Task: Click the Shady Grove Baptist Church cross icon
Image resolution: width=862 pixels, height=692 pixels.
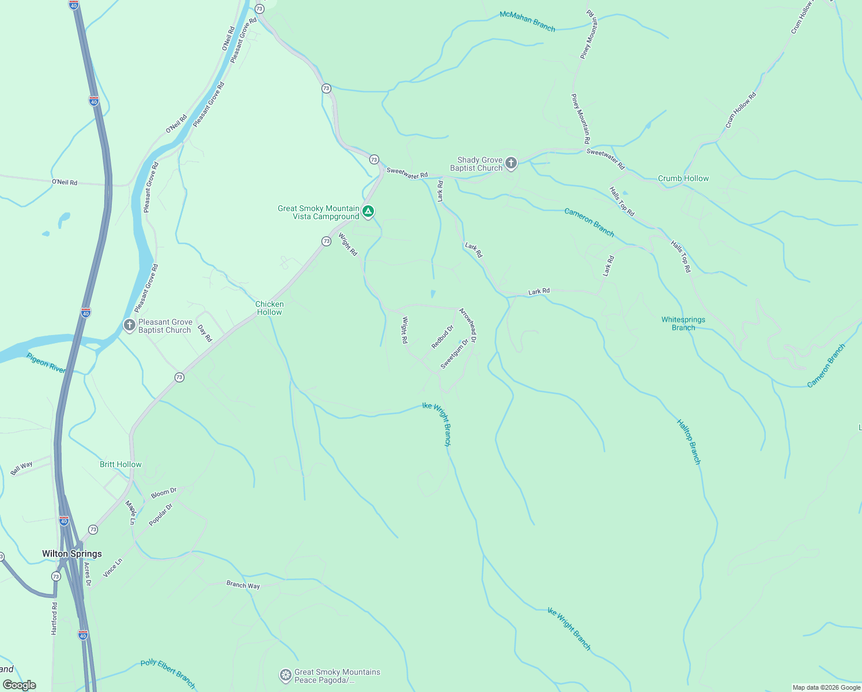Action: point(511,164)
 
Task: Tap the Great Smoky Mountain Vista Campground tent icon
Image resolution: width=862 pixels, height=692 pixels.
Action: point(368,212)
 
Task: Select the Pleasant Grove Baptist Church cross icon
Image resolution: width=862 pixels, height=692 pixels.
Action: point(130,326)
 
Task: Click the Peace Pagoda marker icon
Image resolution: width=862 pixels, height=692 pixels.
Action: point(285,675)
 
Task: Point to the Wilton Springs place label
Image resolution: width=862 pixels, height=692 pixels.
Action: point(72,554)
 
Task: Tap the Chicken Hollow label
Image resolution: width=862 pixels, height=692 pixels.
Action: point(270,308)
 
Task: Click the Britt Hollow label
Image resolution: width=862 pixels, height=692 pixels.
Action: point(120,464)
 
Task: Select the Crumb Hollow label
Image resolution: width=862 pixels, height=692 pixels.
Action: point(683,178)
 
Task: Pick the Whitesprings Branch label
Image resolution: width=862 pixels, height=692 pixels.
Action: point(683,324)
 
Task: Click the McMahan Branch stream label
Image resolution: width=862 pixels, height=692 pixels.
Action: point(527,21)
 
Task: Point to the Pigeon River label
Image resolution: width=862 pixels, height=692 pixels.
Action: point(46,363)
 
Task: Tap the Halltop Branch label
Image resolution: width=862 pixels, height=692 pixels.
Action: point(689,442)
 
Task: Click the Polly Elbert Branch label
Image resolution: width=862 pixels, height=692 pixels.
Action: point(168,674)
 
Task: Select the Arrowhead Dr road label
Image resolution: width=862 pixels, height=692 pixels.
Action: point(467,326)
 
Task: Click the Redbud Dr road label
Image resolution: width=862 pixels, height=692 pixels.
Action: point(443,337)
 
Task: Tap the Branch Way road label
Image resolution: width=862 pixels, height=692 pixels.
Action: point(243,585)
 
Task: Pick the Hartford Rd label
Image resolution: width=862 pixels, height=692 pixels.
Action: point(54,619)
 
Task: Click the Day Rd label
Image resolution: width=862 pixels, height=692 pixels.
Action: point(205,333)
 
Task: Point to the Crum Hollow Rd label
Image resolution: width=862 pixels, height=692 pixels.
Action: point(740,110)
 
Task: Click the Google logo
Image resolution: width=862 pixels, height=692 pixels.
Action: point(20,685)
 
